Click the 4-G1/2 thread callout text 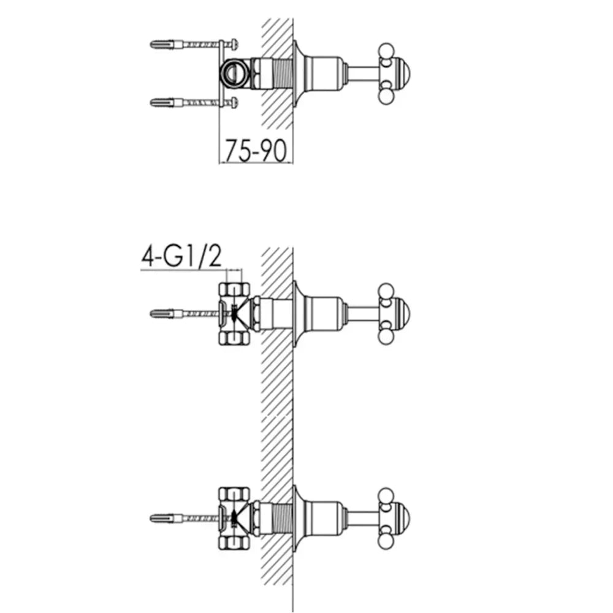coord(181,256)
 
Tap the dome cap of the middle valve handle coord(402,313)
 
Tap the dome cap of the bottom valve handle coord(402,518)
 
